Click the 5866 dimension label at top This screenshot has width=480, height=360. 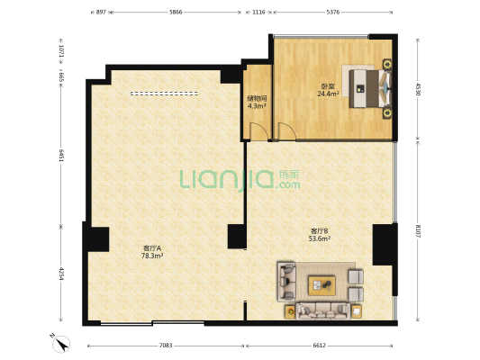(x=176, y=13)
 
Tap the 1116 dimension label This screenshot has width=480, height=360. (x=258, y=13)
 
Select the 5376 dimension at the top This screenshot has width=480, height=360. (x=332, y=13)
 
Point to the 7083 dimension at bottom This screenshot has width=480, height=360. (x=166, y=346)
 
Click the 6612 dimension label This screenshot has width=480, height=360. (x=320, y=346)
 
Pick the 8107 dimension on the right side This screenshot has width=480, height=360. (x=418, y=231)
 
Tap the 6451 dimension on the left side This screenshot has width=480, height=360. (x=61, y=156)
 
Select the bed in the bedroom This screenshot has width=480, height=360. (x=371, y=89)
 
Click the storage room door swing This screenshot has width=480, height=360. (x=259, y=131)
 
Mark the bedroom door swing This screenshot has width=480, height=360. (x=287, y=131)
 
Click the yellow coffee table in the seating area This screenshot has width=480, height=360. (x=322, y=285)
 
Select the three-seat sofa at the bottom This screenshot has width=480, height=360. (x=322, y=310)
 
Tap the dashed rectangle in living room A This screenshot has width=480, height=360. (x=164, y=94)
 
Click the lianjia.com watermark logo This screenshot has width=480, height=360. (x=240, y=180)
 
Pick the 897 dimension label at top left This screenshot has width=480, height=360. (x=101, y=13)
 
